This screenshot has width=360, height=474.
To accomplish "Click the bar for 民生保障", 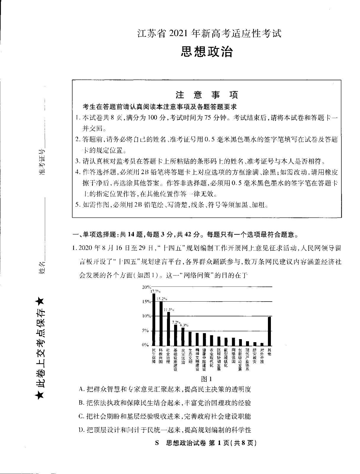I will tap(154, 319).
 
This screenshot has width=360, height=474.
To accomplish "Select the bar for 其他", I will tap(269, 331).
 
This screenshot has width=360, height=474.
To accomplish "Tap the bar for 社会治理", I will tap(168, 329).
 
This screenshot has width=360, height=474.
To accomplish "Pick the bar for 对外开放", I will tap(262, 344).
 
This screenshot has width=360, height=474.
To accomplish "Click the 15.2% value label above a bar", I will tap(162, 299).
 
